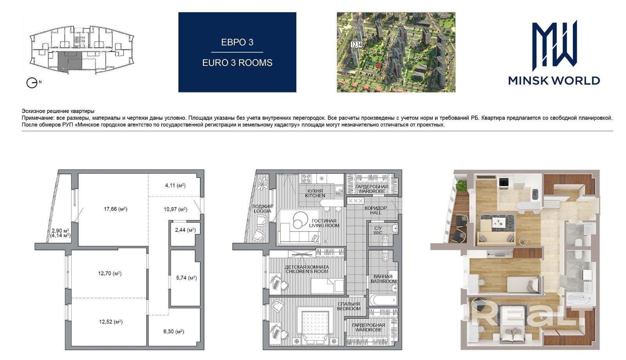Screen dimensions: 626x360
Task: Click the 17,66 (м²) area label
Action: click(x=115, y=209)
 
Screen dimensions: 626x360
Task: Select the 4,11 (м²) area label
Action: click(x=175, y=185)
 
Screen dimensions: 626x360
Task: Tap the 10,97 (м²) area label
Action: click(x=175, y=209)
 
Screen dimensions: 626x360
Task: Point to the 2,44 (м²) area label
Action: click(x=185, y=230)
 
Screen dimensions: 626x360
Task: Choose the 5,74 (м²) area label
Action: click(x=186, y=278)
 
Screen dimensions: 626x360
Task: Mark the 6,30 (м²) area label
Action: click(x=174, y=331)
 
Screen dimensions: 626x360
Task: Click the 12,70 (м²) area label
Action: click(x=110, y=274)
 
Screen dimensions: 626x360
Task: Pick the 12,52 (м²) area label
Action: click(x=111, y=322)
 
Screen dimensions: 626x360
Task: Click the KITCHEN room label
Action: click(x=315, y=196)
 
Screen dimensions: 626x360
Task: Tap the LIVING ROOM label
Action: click(x=324, y=225)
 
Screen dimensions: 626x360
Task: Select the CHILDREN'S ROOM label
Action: click(x=307, y=272)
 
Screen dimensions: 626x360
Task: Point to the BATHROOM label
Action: click(x=383, y=281)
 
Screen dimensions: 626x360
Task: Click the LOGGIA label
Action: click(x=263, y=211)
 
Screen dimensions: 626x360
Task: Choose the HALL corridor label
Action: click(x=376, y=213)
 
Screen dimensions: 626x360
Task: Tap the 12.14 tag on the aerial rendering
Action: click(x=356, y=44)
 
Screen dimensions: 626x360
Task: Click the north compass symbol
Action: click(x=32, y=83)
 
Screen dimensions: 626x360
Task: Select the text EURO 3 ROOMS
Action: click(x=237, y=63)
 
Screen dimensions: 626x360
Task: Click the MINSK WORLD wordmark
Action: click(x=554, y=81)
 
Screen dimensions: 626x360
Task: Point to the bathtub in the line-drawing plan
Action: click(x=383, y=300)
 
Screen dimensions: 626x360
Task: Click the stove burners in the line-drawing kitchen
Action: click(x=307, y=178)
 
